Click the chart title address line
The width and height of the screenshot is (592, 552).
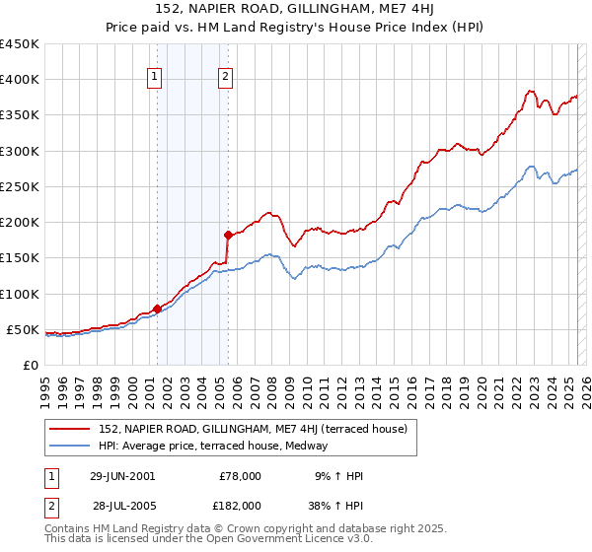pos(296,9)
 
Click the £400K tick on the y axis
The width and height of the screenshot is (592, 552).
pos(19,80)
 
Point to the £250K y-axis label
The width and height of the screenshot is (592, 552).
pos(19,186)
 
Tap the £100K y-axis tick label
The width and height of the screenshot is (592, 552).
pos(19,294)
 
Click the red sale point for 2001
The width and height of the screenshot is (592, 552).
pos(158,309)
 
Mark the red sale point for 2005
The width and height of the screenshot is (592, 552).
pos(228,235)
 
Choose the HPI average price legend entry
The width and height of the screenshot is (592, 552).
pos(218,446)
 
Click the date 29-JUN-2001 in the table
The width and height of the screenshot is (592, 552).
pos(121,476)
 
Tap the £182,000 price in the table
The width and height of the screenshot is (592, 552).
pos(240,505)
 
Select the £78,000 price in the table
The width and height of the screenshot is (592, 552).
pos(240,476)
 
